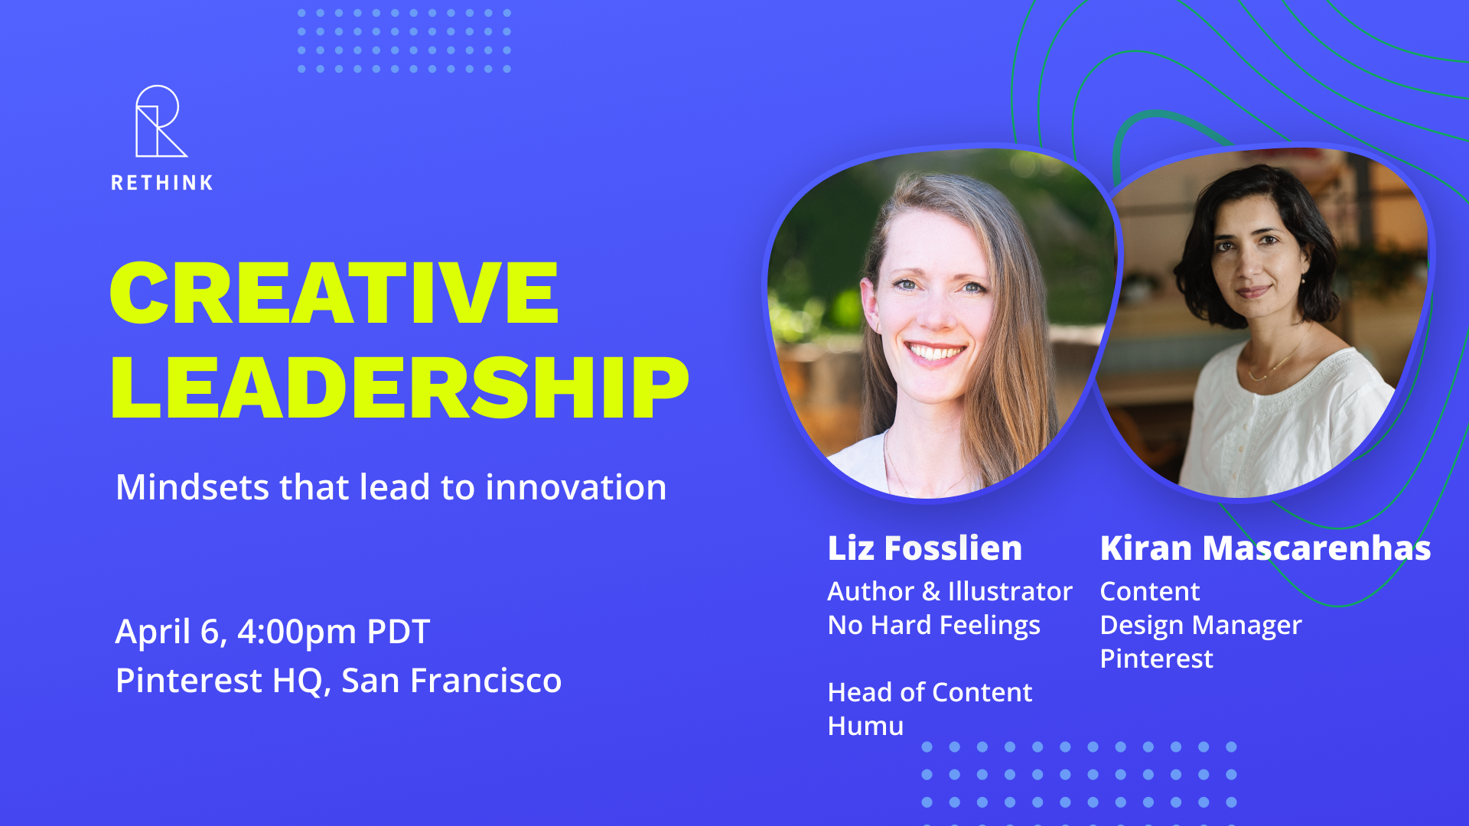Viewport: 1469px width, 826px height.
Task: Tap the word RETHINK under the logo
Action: (162, 183)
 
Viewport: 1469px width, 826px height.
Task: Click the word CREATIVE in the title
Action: (334, 293)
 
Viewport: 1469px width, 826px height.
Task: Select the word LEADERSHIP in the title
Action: (399, 388)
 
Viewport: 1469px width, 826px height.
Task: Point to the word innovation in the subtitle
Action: (576, 487)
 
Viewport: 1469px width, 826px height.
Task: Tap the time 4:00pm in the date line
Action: (297, 632)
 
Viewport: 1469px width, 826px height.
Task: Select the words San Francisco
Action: (451, 680)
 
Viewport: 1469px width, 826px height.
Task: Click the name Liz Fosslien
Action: (925, 548)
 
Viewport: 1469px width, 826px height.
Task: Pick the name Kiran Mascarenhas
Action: (1265, 548)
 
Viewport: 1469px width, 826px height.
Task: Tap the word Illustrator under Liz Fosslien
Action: (1010, 591)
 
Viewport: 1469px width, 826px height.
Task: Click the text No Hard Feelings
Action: (934, 626)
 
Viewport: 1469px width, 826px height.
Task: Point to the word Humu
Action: (866, 726)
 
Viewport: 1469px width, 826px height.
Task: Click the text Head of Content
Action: (930, 692)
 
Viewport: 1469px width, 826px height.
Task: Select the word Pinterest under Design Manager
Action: (1157, 659)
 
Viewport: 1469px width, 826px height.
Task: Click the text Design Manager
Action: (1201, 626)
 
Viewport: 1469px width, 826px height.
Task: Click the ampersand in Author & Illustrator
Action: (931, 592)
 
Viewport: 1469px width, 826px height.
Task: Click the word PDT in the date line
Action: (399, 632)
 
